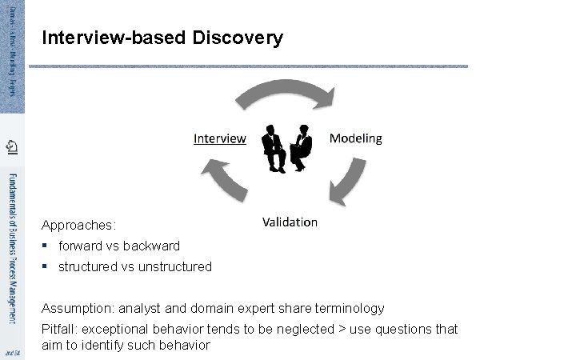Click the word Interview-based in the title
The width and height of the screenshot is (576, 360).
click(114, 38)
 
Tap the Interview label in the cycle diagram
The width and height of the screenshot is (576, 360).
click(220, 138)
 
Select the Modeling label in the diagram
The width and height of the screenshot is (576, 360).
click(356, 138)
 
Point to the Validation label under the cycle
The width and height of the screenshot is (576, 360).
click(290, 222)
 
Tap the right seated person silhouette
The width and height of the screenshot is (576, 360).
click(301, 148)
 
